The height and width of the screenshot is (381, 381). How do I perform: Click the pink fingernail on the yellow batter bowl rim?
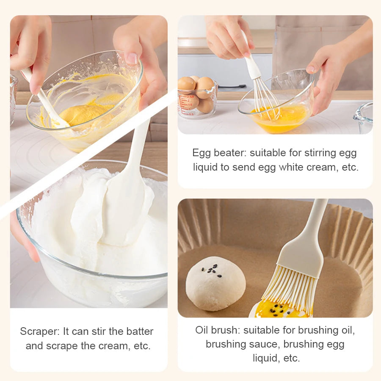click(x=132, y=58)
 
